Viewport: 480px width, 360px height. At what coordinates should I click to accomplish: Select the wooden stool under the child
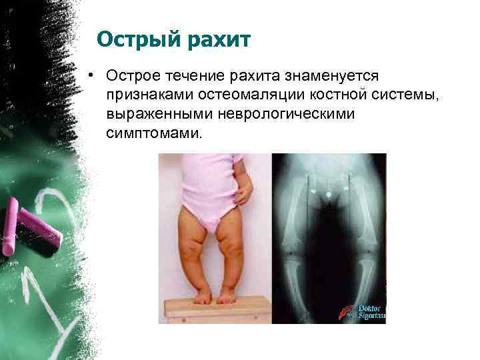pos(216,309)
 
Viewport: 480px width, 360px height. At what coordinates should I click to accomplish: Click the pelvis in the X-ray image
pos(328,193)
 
